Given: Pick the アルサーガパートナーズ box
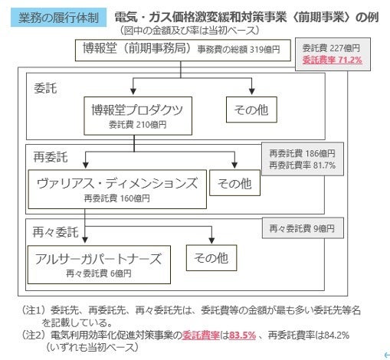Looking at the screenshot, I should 98,259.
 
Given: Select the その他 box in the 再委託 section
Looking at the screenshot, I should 234,183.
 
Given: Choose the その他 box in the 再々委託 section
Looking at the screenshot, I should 211,258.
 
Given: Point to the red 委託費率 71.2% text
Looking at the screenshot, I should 333,59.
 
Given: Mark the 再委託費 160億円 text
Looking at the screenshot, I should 117,197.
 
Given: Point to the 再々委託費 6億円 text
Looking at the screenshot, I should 97,272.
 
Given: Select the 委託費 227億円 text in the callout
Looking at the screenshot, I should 333,47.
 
